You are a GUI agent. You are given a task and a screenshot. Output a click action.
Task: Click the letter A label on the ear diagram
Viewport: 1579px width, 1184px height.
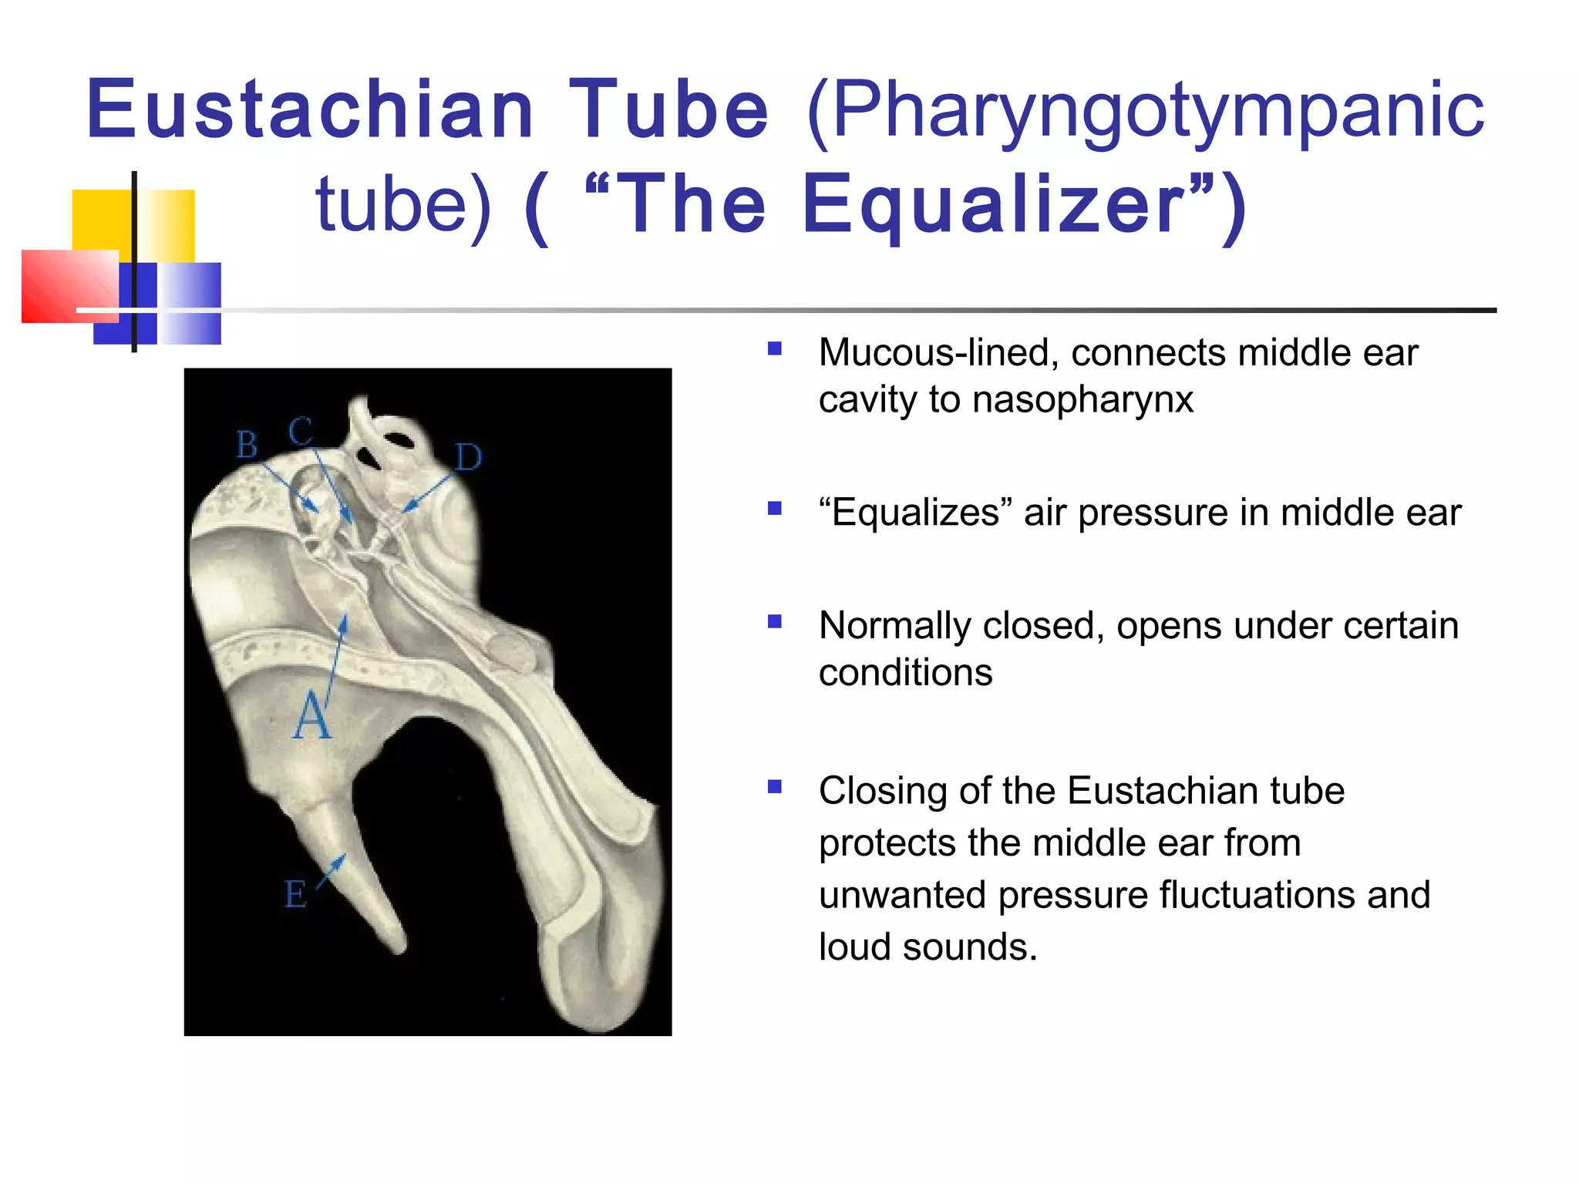(312, 716)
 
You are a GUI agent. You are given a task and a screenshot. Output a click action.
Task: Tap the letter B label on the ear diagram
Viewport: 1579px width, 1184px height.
(247, 445)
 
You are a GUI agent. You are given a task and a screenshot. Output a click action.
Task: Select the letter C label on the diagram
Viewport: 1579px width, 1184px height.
(301, 431)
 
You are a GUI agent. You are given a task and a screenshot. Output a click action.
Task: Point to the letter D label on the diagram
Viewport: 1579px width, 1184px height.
(468, 458)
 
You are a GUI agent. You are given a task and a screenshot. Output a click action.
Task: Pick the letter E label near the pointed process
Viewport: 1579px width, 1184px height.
(295, 894)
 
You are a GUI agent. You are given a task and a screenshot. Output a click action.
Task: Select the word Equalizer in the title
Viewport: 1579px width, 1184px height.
(995, 205)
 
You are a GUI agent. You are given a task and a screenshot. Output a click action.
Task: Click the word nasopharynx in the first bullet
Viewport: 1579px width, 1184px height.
(1082, 400)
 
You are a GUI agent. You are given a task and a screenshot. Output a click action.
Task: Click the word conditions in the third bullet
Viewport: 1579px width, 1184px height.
(905, 673)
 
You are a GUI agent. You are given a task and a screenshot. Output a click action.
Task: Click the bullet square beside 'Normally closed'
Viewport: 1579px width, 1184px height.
(775, 621)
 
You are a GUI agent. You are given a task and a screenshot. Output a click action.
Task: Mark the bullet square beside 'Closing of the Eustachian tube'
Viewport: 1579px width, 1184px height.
(775, 786)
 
